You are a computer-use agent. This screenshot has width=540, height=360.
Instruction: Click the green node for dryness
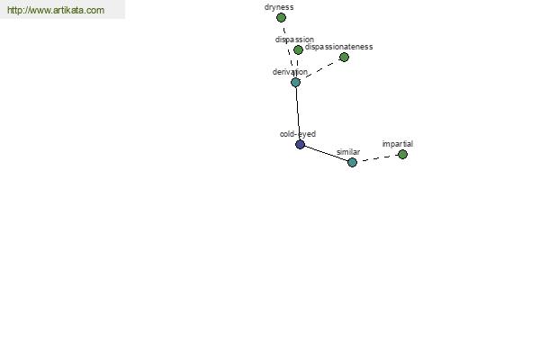[281, 18]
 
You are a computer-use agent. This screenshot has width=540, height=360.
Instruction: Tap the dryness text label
[279, 7]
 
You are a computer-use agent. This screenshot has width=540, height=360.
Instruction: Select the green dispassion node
[298, 50]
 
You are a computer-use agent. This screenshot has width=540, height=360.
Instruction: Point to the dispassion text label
[294, 40]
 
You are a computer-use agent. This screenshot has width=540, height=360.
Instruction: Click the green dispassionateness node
[344, 58]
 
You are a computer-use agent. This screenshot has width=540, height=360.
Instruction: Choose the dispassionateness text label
[339, 47]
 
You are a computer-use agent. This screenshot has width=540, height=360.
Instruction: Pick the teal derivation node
[295, 82]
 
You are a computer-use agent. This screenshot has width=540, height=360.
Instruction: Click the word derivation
[290, 72]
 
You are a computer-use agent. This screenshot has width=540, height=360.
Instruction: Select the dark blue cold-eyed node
[300, 144]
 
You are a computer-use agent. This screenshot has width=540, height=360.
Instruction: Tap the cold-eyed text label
[298, 134]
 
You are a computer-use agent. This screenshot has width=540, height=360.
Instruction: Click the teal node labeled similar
[352, 162]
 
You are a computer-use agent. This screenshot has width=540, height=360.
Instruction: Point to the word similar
[348, 152]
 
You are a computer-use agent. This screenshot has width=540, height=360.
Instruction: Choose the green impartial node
[402, 154]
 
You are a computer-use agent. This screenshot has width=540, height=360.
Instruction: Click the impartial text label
[398, 144]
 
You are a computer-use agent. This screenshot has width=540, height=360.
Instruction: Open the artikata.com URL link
[56, 10]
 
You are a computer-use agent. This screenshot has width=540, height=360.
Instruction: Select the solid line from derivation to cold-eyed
[298, 113]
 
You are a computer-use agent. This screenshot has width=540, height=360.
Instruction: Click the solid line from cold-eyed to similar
[326, 153]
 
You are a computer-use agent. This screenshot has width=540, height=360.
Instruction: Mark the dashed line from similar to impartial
[377, 158]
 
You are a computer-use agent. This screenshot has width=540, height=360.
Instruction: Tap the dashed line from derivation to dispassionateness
[319, 70]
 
